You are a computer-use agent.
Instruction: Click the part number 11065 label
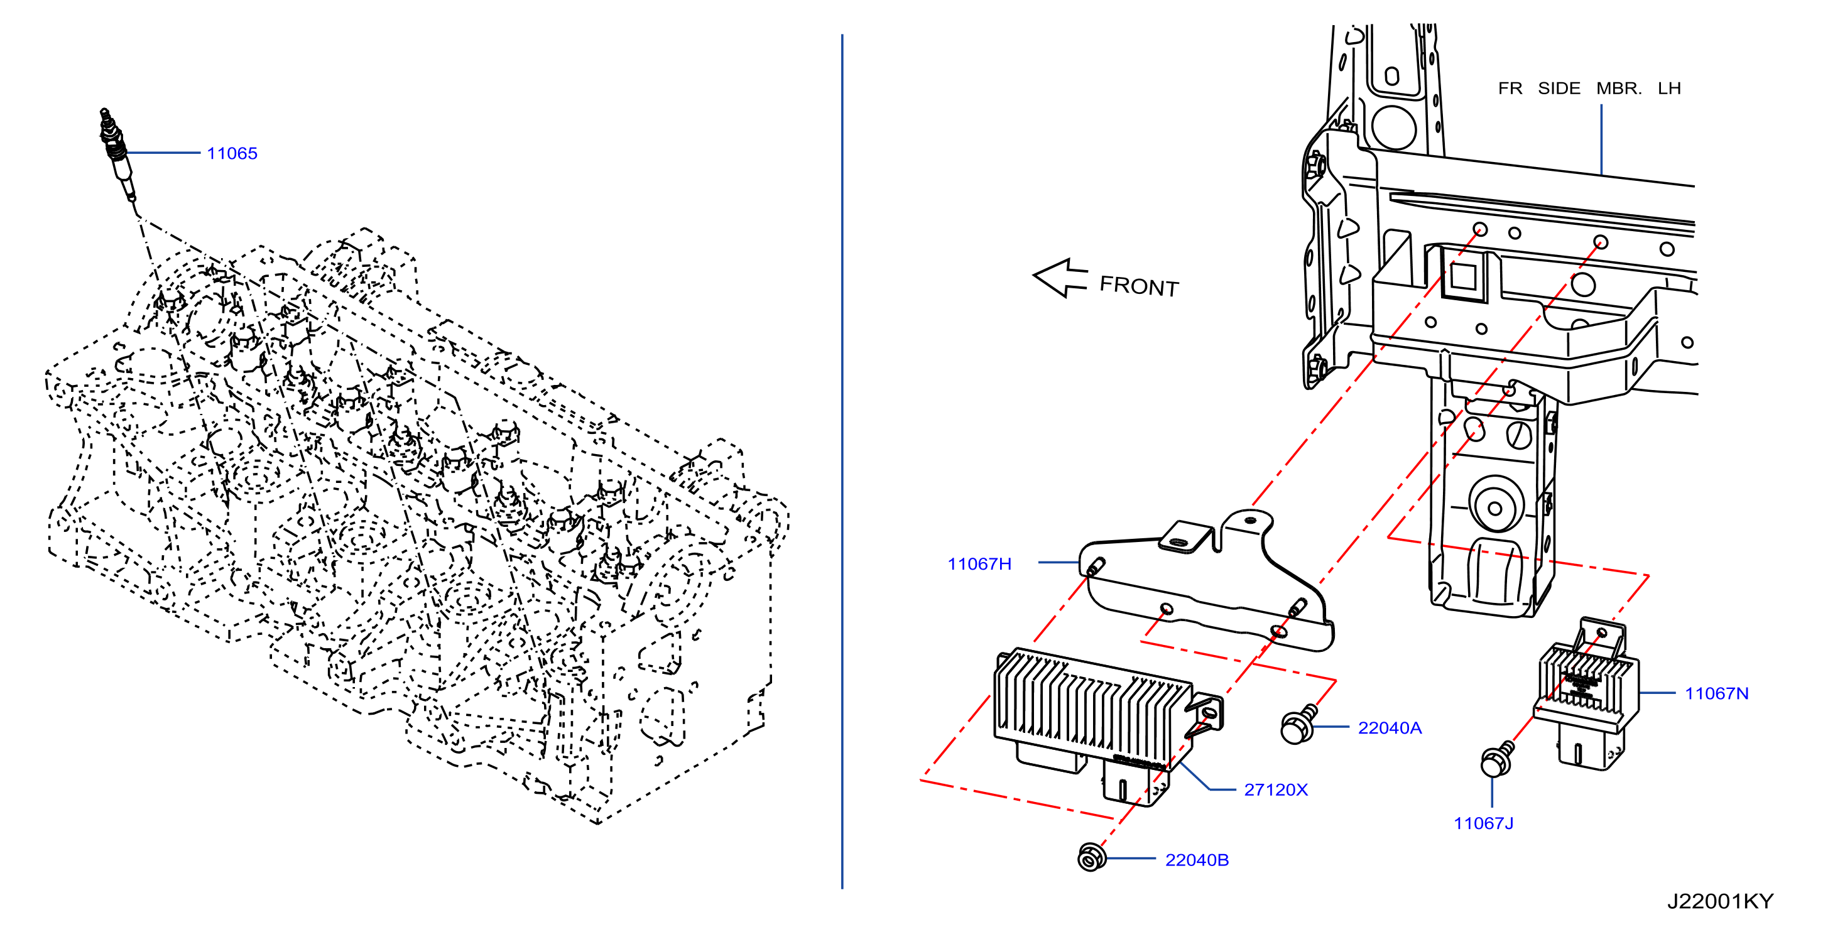pyautogui.click(x=232, y=153)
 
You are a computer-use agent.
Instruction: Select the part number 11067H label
pyautogui.click(x=979, y=564)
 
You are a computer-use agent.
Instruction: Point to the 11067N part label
pyautogui.click(x=1716, y=693)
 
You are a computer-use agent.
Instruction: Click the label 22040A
pyautogui.click(x=1390, y=728)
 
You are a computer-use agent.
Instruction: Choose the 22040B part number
pyautogui.click(x=1197, y=860)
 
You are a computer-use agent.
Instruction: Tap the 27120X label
pyautogui.click(x=1276, y=789)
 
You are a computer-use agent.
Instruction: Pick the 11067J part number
pyautogui.click(x=1483, y=823)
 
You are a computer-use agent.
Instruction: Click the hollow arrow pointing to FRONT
pyautogui.click(x=1060, y=278)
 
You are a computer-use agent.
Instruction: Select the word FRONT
pyautogui.click(x=1139, y=286)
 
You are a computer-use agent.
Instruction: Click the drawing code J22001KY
pyautogui.click(x=1721, y=901)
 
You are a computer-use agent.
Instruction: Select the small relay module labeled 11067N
pyautogui.click(x=1585, y=692)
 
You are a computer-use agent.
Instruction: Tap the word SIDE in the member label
pyautogui.click(x=1559, y=88)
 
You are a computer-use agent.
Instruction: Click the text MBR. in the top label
pyautogui.click(x=1619, y=88)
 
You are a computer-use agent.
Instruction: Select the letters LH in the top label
pyautogui.click(x=1669, y=88)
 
